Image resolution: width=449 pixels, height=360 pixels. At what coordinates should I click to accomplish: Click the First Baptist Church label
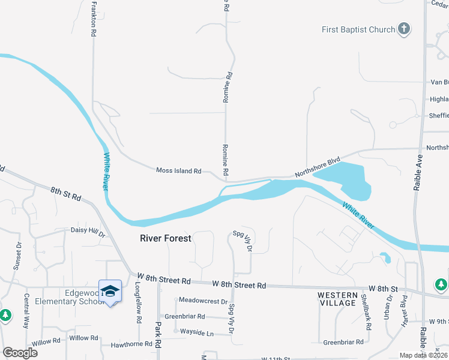pos(358,29)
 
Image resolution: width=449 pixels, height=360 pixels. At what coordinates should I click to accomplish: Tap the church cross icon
pos(404,29)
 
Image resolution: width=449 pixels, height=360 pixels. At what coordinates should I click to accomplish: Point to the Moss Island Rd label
pos(178,171)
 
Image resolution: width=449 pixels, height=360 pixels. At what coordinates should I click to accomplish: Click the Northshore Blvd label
pos(318,167)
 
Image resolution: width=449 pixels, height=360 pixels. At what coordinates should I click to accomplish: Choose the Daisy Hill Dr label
pos(88,230)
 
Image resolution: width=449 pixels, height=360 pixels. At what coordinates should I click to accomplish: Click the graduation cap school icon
pos(110,292)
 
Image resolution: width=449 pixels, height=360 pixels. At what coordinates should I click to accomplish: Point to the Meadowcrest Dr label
pos(203,301)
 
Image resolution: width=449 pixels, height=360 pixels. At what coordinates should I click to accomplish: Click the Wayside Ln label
pos(197,332)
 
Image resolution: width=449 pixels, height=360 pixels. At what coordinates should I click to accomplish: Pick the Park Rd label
pos(158,335)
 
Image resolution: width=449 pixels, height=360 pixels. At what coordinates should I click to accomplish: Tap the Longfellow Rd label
pos(137,298)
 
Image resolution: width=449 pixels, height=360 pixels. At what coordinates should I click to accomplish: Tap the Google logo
pos(20,352)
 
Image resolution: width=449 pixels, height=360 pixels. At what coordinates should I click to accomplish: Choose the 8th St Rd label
pos(65,193)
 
